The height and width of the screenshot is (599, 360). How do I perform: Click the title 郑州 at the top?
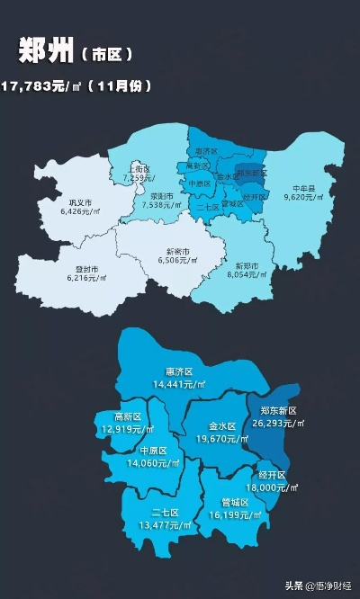coord(46,53)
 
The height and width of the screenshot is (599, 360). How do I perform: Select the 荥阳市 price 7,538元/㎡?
coord(163,204)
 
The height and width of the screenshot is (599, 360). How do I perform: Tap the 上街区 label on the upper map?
coord(139,168)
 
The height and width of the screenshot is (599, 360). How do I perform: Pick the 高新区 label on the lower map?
coord(128,417)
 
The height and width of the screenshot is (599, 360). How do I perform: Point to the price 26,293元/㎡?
coord(274,421)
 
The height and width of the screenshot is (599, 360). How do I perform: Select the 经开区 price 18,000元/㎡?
coord(272,486)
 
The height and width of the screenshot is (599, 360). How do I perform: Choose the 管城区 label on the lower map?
coord(236,504)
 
